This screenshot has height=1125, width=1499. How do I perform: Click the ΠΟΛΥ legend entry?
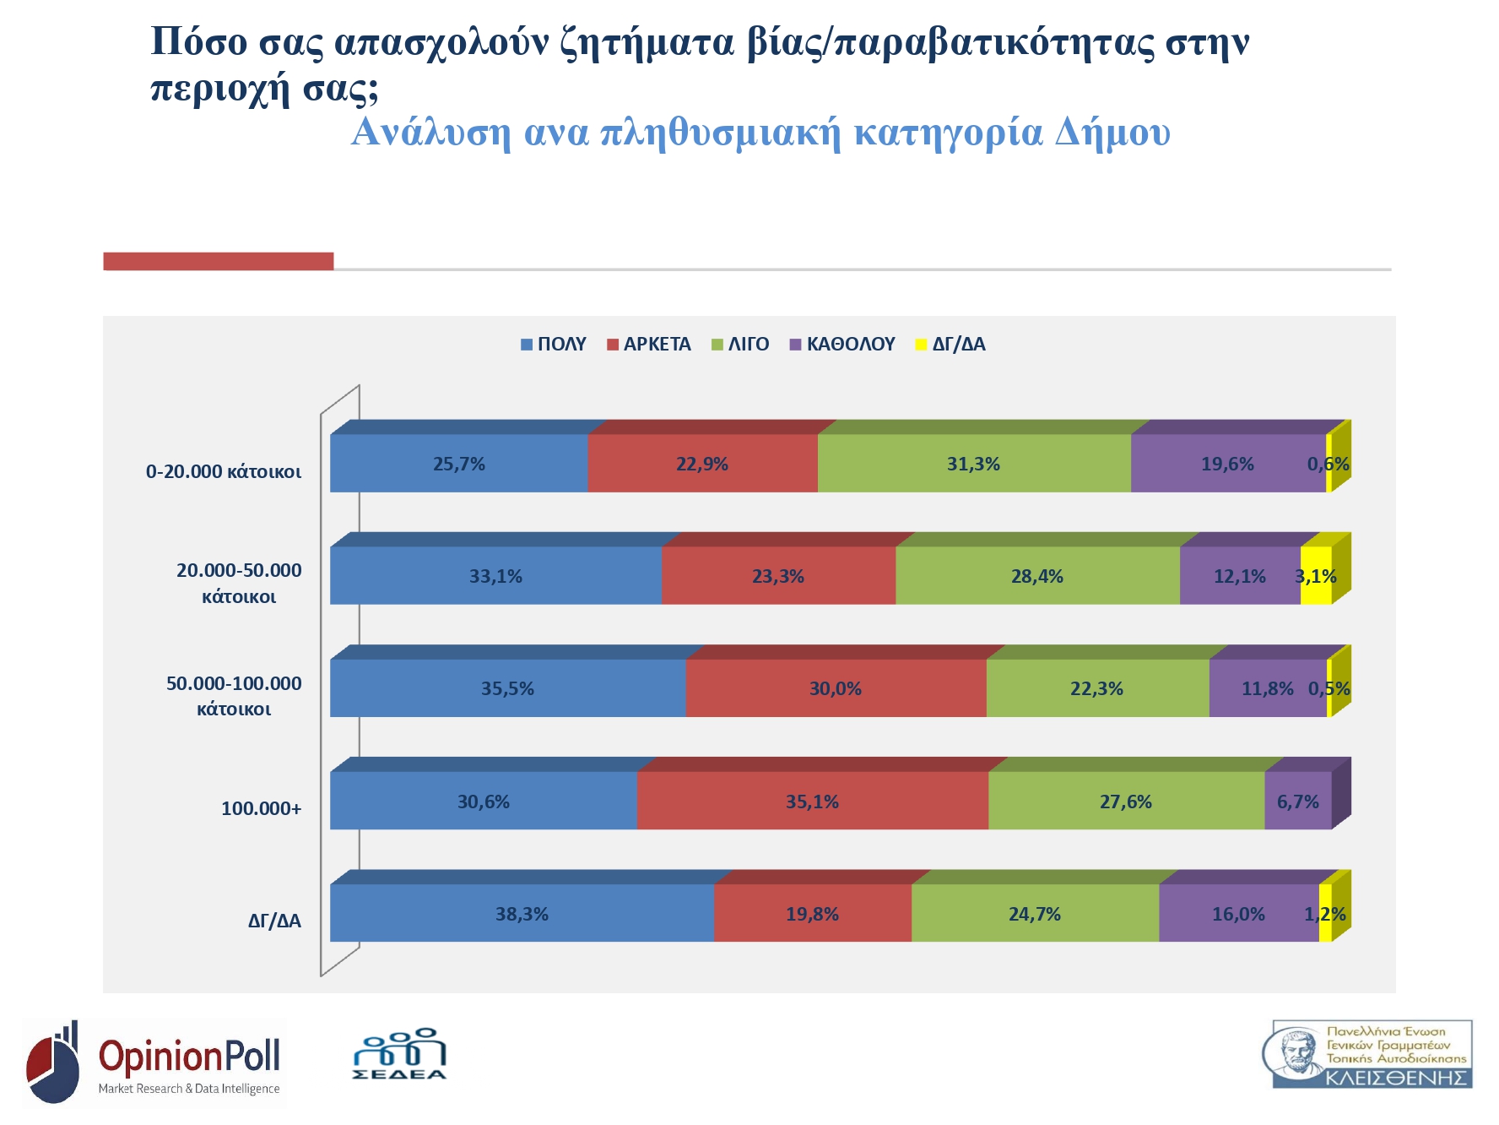[554, 345]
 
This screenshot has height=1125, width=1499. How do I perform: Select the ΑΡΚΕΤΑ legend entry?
[649, 345]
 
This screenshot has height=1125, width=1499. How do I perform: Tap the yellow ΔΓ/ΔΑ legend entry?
[951, 345]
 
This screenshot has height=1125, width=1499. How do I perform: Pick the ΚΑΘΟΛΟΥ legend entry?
[842, 345]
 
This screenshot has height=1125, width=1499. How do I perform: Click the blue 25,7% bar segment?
[458, 464]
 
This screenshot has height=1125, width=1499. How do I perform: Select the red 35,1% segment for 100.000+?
[812, 802]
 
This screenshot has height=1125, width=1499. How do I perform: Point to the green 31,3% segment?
[973, 464]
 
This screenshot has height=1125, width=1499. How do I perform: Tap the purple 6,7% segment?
[1297, 802]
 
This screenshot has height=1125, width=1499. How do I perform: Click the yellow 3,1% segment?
[1316, 577]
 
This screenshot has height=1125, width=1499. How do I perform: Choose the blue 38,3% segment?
[522, 914]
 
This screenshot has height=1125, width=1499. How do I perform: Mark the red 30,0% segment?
[836, 689]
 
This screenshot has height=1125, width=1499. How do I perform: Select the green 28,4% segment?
[1036, 577]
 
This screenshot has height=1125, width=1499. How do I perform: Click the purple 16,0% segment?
[1238, 914]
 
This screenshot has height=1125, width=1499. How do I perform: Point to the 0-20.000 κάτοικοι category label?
[224, 472]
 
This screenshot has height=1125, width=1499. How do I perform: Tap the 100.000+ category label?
[261, 809]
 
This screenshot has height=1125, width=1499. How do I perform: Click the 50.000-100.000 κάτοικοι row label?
[234, 696]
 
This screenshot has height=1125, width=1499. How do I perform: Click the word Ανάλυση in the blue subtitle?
[430, 133]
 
